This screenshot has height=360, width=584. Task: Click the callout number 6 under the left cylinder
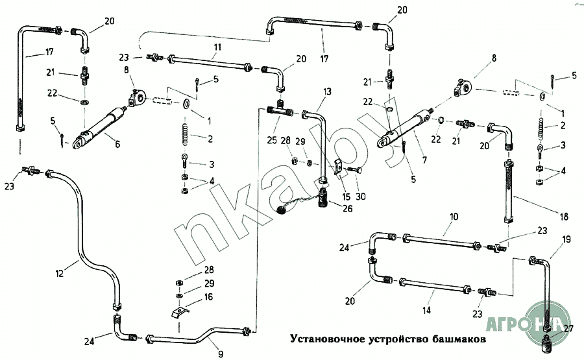117,144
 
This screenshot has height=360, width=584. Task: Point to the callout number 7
424,160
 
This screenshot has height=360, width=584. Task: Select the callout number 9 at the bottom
221,354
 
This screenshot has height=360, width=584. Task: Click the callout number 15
347,196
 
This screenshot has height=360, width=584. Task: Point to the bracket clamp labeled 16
180,312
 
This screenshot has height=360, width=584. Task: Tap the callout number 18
564,217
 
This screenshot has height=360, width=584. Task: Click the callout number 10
454,217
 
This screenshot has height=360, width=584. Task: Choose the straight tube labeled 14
435,285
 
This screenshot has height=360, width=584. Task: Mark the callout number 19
566,239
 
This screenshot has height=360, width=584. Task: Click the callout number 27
568,328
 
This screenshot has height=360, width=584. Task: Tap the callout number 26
348,208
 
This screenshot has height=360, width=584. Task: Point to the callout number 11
217,47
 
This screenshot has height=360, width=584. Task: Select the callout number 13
327,91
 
